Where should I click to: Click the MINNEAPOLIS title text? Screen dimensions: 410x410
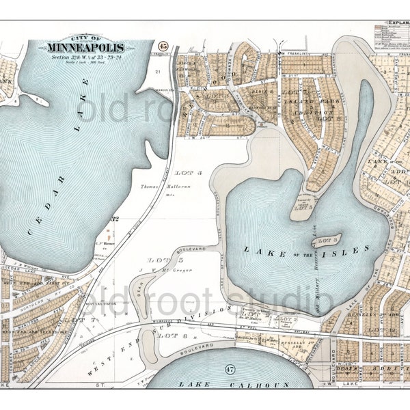click(86, 48)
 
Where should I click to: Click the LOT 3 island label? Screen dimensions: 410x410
click(331, 240)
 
